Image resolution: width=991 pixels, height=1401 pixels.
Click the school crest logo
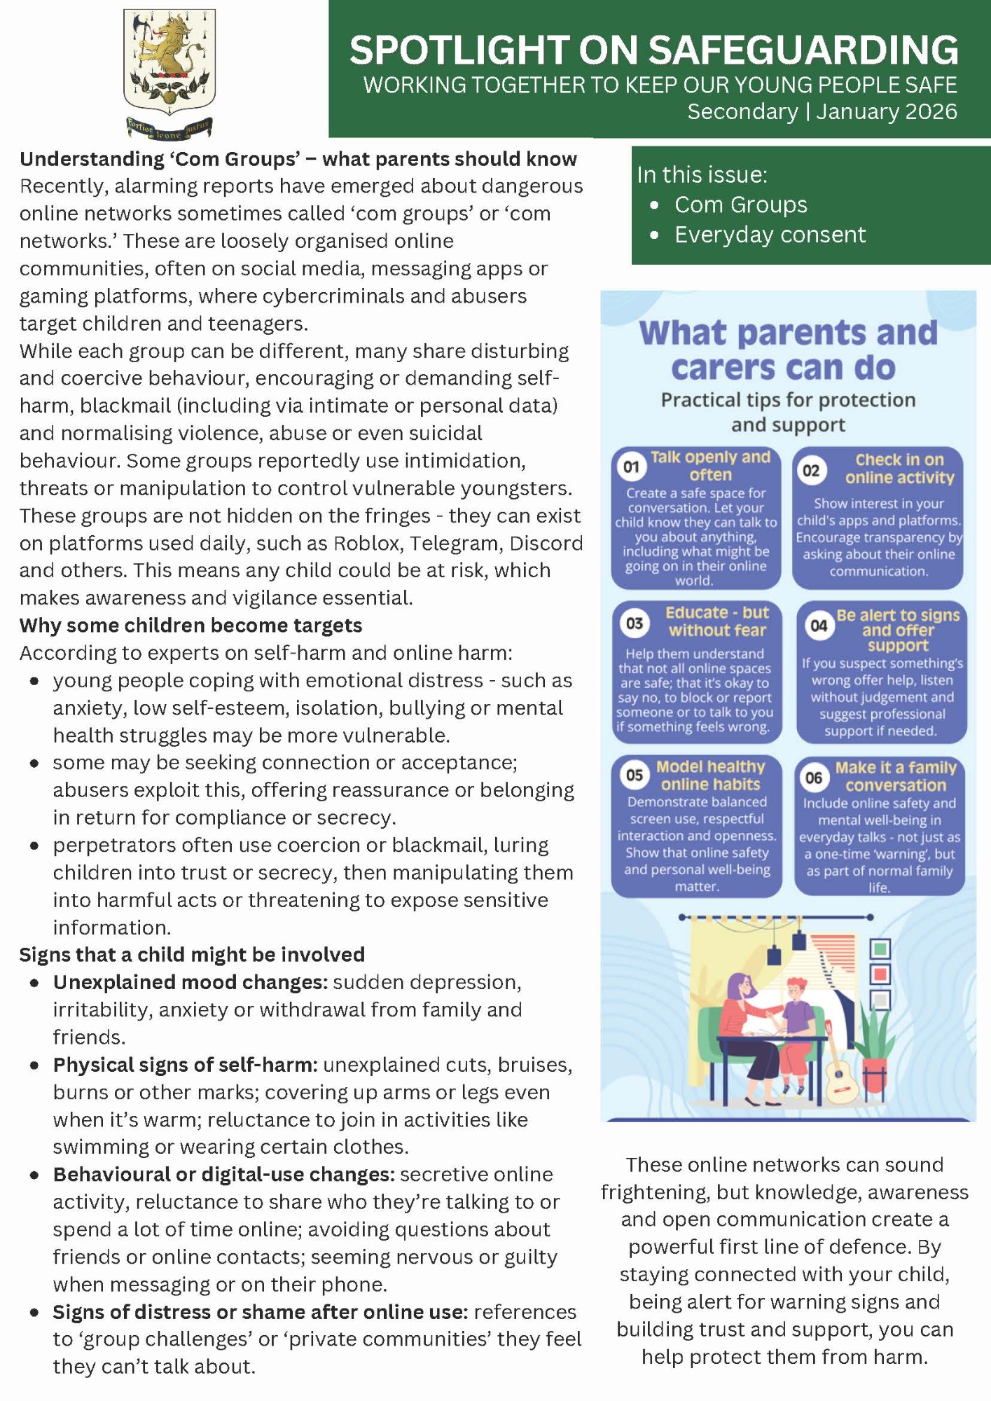coord(169,73)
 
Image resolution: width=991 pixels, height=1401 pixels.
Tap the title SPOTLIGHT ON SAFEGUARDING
coord(653,50)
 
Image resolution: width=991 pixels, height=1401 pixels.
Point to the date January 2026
coord(886,112)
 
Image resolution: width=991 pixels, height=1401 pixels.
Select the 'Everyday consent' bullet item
coord(770,235)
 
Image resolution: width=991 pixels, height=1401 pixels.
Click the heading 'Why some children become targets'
coord(190,626)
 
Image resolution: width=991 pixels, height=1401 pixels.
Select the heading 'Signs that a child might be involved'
coord(192,955)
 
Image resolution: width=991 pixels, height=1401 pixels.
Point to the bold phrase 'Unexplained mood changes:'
coord(190,982)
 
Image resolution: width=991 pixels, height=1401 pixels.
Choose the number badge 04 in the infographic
coord(818,626)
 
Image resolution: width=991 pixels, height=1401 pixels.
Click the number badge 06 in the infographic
coord(813,778)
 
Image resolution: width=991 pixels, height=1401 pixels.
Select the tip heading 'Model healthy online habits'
coord(710,775)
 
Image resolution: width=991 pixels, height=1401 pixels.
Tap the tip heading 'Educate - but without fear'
coord(716,621)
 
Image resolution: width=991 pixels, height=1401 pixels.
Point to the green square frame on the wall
coord(880,949)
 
